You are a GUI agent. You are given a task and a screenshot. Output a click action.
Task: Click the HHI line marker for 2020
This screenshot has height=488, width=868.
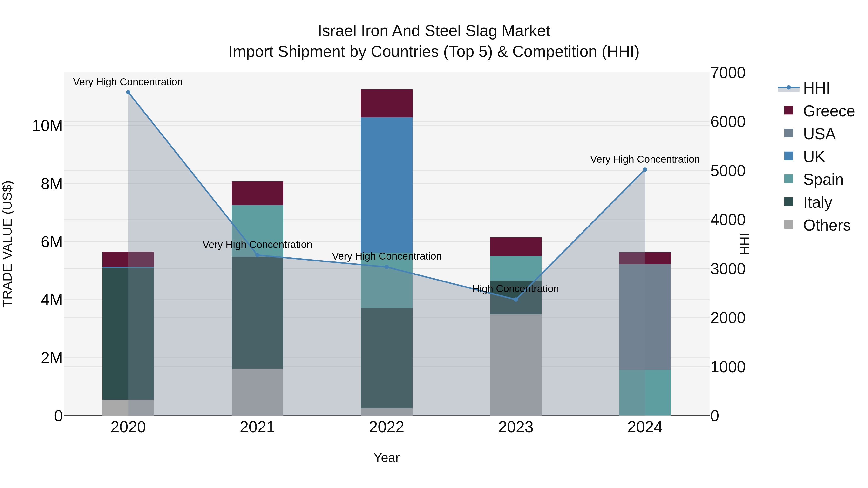click(x=128, y=92)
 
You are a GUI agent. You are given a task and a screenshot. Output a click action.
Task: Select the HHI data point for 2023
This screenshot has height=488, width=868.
click(x=515, y=299)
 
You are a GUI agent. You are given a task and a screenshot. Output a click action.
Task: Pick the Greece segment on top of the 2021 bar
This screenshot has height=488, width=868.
click(x=258, y=193)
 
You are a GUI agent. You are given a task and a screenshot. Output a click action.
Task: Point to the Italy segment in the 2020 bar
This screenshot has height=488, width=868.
click(x=128, y=334)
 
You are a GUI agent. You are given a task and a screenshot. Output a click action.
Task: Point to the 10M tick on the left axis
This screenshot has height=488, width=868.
click(x=47, y=126)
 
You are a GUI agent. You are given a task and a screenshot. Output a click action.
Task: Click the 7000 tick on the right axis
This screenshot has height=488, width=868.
click(x=728, y=73)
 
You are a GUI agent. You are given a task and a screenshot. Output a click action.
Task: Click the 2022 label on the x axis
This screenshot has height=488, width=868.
click(x=387, y=427)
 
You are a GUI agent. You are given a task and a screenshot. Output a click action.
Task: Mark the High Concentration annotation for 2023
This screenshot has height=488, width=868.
click(x=515, y=289)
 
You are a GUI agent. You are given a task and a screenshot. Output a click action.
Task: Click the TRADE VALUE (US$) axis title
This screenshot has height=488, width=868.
click(x=7, y=244)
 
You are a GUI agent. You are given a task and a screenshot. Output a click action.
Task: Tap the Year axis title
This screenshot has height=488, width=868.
click(x=387, y=458)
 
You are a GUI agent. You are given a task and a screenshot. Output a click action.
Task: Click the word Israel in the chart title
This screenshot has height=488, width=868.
click(x=337, y=31)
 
